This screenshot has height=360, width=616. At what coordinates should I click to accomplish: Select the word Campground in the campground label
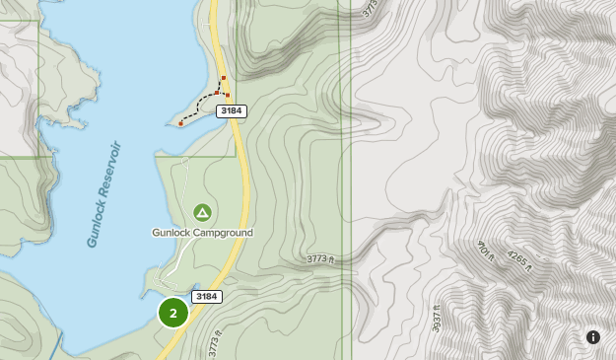(x=222, y=233)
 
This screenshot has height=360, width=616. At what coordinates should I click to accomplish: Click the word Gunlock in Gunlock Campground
(x=170, y=233)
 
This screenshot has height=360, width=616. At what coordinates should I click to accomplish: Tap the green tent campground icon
(x=202, y=212)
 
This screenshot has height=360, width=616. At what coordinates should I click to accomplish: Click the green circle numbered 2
(x=173, y=314)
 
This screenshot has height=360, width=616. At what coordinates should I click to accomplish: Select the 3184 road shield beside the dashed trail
(x=232, y=111)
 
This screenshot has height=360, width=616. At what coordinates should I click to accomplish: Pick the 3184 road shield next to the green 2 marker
(x=207, y=297)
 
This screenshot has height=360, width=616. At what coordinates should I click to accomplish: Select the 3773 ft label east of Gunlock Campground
(x=321, y=259)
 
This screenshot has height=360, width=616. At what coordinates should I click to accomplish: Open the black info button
(x=593, y=336)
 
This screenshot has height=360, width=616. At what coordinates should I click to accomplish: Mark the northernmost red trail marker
(x=224, y=77)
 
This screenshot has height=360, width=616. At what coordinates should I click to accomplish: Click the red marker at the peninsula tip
(x=181, y=124)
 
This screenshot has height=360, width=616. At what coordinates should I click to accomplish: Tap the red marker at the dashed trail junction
(x=217, y=93)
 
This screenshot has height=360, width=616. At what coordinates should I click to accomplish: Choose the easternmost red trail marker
(x=228, y=96)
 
